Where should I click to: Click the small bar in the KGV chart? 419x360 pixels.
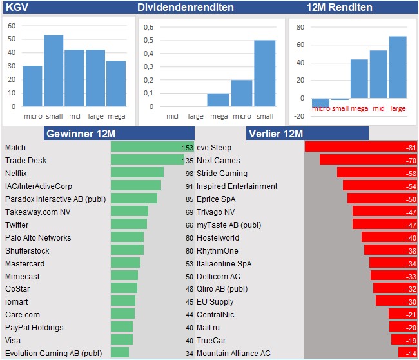pyautogui.click(x=54, y=71)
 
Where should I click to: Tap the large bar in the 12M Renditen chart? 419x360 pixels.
pyautogui.click(x=398, y=67)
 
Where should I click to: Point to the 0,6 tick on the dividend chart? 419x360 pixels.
pyautogui.click(x=149, y=27)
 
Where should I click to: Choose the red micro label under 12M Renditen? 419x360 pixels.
pyautogui.click(x=320, y=108)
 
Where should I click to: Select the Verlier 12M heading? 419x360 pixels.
pyautogui.click(x=276, y=134)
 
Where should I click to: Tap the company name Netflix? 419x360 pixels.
pyautogui.click(x=17, y=173)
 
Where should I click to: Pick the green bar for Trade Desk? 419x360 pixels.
pyautogui.click(x=148, y=160)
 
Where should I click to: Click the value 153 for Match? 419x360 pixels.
pyautogui.click(x=188, y=148)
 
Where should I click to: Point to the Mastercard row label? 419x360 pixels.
pyautogui.click(x=24, y=263)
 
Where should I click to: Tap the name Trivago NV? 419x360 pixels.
pyautogui.click(x=215, y=212)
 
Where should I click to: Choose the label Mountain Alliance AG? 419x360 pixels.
pyautogui.click(x=233, y=353)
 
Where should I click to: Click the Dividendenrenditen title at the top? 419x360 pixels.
pyautogui.click(x=186, y=8)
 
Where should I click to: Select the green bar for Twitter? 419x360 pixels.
pyautogui.click(x=129, y=224)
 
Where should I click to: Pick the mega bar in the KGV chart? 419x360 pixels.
pyautogui.click(x=116, y=83)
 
